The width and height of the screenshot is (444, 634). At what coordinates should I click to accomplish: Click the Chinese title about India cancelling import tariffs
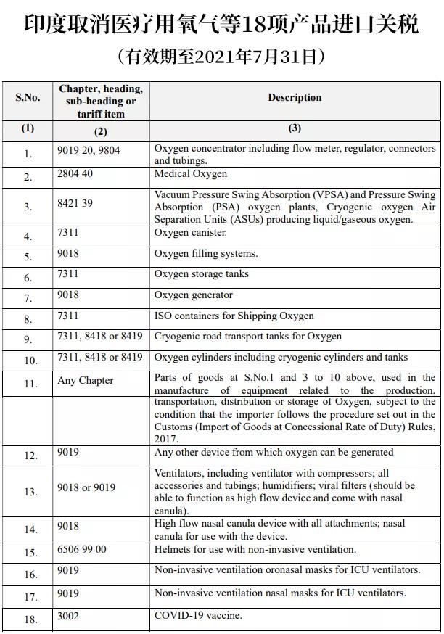(x=221, y=25)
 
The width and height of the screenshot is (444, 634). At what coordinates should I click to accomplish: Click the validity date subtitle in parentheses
(x=221, y=56)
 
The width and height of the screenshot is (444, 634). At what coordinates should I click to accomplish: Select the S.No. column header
(x=28, y=97)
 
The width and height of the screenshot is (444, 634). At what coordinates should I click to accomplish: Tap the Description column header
(x=295, y=97)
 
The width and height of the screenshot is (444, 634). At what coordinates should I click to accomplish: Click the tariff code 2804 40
(x=75, y=174)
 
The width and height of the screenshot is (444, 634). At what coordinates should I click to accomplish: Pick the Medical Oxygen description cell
(x=191, y=174)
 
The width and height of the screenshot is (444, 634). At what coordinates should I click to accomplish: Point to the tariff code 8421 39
(x=75, y=205)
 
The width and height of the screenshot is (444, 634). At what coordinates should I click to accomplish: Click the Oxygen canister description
(x=191, y=233)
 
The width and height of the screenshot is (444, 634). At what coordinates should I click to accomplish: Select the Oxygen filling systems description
(x=206, y=254)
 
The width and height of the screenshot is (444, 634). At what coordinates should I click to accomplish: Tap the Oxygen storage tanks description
(x=201, y=274)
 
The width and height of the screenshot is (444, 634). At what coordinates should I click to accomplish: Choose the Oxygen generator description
(x=194, y=295)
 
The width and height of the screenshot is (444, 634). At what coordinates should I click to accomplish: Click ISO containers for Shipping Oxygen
(x=234, y=316)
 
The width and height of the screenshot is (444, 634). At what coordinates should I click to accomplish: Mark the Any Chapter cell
(x=86, y=381)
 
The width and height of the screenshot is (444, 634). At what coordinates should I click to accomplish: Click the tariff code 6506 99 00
(x=81, y=550)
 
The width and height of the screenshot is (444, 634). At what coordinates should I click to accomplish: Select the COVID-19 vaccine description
(x=198, y=616)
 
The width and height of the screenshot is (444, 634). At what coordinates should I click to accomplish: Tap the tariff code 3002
(x=68, y=616)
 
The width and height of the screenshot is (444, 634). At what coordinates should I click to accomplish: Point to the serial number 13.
(x=30, y=492)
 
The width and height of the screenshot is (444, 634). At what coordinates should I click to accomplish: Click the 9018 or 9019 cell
(x=86, y=487)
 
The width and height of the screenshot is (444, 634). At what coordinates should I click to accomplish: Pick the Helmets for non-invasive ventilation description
(x=255, y=550)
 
